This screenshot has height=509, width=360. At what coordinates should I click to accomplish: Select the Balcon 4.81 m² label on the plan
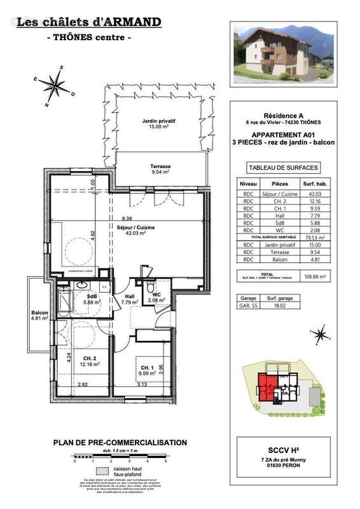(40, 315)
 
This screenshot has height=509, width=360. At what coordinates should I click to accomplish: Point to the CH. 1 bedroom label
(148, 371)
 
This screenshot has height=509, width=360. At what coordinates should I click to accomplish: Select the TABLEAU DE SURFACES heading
(283, 168)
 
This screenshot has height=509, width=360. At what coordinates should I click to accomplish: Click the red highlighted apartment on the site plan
(263, 386)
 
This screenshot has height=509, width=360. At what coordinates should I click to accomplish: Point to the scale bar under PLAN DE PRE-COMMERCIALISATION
(120, 457)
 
